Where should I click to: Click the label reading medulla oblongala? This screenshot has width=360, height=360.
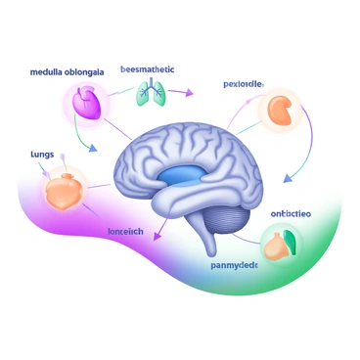point(67,72)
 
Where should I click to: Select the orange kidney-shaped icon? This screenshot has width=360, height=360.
point(283,110)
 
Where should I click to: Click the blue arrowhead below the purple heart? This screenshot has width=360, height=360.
point(92,150)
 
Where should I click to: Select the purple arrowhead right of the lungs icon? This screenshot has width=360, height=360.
point(186,94)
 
